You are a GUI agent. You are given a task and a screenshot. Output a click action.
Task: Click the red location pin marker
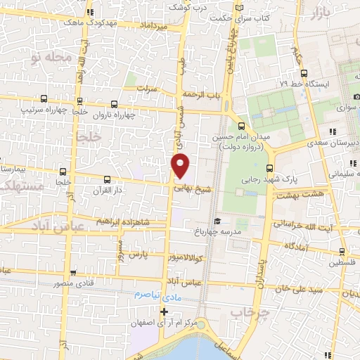pyautogui.click(x=181, y=165)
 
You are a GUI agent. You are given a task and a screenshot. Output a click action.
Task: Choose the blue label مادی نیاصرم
pyautogui.click(x=155, y=295)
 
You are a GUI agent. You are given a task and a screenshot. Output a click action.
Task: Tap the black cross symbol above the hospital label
pyautogui.click(x=165, y=311)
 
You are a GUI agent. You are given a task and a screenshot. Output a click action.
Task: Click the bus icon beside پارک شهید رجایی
pyautogui.click(x=271, y=167)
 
